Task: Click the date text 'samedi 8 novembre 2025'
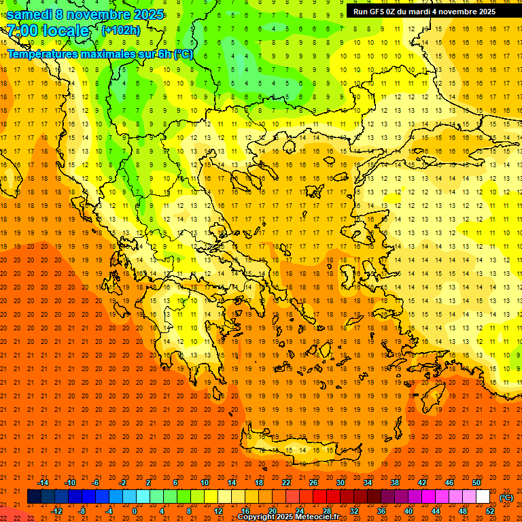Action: pos(85,14)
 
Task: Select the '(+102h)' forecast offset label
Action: pos(120,30)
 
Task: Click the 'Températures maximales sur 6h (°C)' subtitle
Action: pos(100,54)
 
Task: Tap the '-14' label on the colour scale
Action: pos(43,482)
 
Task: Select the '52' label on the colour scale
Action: pos(490,511)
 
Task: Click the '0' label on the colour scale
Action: pos(134,511)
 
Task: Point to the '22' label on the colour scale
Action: pos(286,482)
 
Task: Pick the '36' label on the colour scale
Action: pos(381,511)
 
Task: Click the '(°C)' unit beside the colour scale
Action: pos(506,497)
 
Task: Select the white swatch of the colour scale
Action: pos(483,497)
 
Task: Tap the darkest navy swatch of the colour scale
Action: pos(34,497)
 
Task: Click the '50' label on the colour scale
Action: pos(476,482)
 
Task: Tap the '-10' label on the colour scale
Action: pos(69,482)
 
